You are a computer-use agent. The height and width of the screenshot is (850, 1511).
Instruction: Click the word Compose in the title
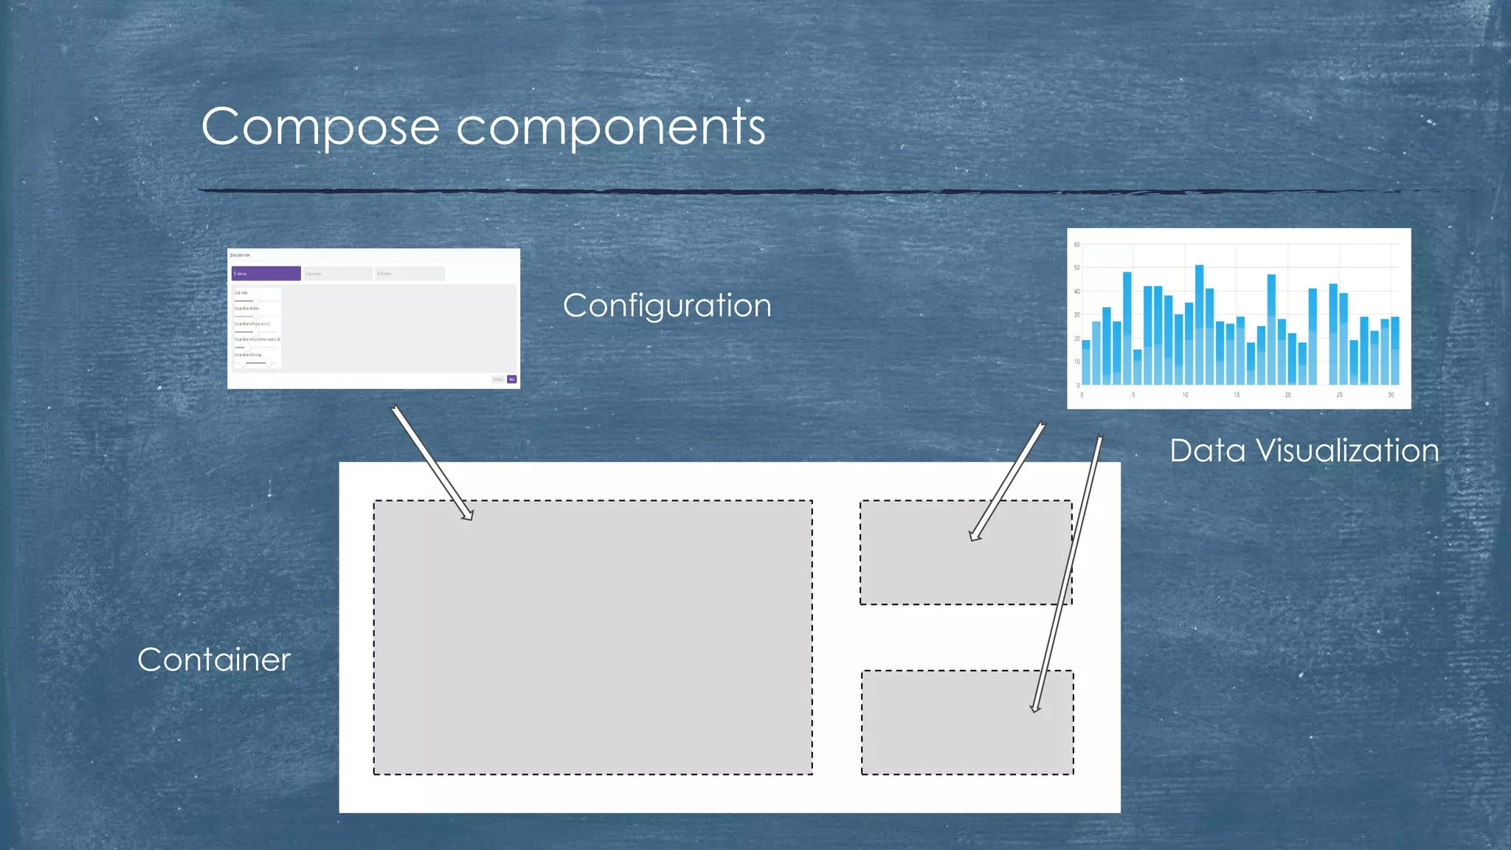(320, 127)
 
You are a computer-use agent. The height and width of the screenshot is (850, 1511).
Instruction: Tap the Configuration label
(667, 305)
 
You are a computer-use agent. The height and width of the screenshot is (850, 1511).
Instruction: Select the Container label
(214, 660)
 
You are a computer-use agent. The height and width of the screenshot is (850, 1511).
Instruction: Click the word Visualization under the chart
(1347, 451)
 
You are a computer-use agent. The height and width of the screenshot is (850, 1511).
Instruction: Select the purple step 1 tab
(266, 274)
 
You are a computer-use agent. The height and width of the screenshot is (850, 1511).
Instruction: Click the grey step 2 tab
(337, 274)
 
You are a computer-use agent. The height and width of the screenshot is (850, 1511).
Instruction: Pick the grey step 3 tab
(409, 274)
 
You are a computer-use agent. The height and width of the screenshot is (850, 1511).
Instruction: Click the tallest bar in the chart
(1199, 325)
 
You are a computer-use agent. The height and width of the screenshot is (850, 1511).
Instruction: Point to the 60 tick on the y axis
(1076, 244)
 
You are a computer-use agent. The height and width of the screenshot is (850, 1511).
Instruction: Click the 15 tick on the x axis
(1237, 395)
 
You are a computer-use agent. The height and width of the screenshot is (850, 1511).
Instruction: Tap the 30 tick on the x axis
(1391, 395)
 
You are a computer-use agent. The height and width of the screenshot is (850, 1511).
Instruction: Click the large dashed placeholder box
(592, 637)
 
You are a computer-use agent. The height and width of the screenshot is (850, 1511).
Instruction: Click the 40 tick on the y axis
(1076, 291)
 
